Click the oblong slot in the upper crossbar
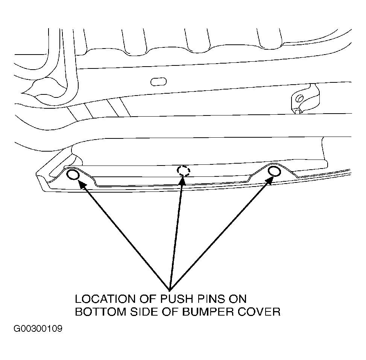pyautogui.click(x=158, y=82)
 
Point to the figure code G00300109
pyautogui.click(x=38, y=329)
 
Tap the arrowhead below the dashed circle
pyautogui.click(x=182, y=181)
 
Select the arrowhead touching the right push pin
pyautogui.click(x=270, y=180)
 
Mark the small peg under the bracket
pyautogui.click(x=298, y=111)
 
